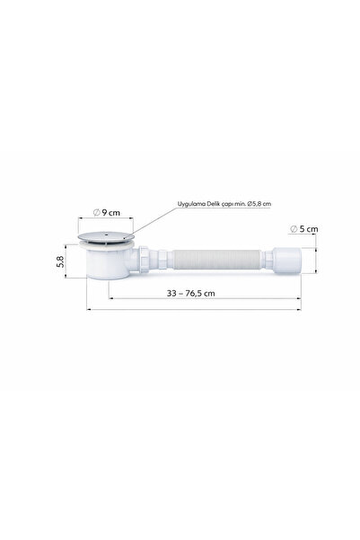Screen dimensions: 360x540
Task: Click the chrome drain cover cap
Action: point(106,236)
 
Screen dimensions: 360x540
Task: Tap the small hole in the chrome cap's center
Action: point(107,235)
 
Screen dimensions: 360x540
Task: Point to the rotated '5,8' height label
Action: point(60,261)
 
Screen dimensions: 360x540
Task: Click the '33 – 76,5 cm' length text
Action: point(190,293)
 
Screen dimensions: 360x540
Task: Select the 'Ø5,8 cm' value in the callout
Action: point(259,204)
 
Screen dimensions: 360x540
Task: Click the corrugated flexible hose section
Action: point(217,260)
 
